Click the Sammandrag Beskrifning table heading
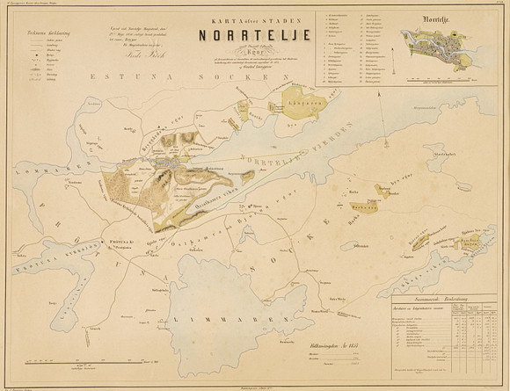(x=446, y=300)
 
